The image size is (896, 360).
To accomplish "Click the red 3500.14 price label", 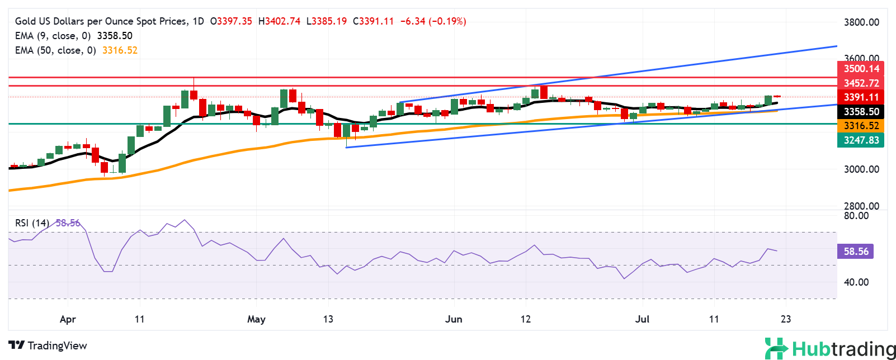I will click(x=861, y=69).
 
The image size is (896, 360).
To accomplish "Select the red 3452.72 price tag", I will click(x=861, y=83).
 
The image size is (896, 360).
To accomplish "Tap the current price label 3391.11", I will click(x=861, y=97).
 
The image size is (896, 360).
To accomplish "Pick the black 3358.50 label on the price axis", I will click(x=861, y=112).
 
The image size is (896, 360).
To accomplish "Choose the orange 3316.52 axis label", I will click(x=861, y=126).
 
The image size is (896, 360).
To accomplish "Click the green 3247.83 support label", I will click(x=861, y=140).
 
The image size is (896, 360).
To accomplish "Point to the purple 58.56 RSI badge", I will click(x=856, y=252).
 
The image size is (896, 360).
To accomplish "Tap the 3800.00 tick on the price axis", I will click(x=861, y=22).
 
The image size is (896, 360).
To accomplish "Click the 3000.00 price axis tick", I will click(x=861, y=169).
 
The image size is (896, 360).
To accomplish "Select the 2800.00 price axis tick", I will click(x=861, y=206).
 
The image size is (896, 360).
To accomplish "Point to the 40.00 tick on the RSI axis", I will click(x=856, y=282).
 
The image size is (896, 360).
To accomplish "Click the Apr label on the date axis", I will click(x=67, y=319).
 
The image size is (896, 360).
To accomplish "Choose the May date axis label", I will click(x=256, y=319).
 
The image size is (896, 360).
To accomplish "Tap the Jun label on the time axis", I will click(x=454, y=319).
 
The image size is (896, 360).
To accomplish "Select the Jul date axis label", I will click(x=642, y=319).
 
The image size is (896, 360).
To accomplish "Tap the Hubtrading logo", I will click(x=830, y=349).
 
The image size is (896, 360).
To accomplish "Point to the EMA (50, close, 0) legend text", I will click(x=55, y=50).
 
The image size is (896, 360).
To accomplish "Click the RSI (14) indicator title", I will click(x=32, y=223).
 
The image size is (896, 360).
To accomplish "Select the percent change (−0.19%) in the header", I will click(x=447, y=21).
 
